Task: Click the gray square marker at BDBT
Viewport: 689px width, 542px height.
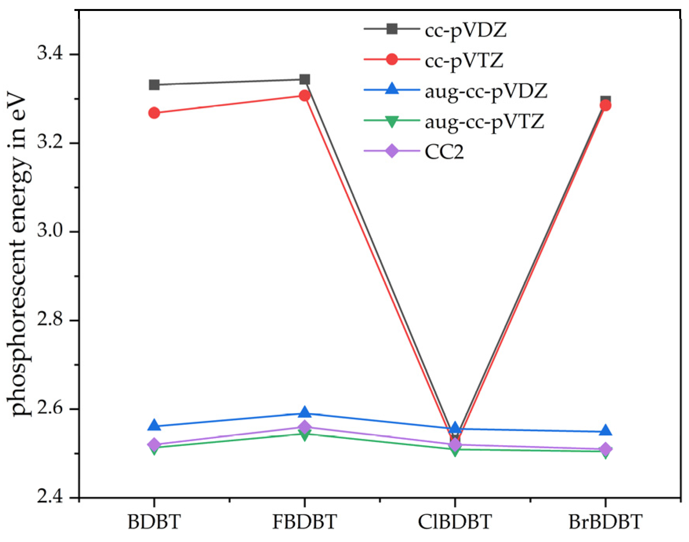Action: (154, 85)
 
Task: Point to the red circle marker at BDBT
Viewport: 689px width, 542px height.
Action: (154, 113)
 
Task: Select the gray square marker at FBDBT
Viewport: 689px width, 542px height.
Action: (305, 79)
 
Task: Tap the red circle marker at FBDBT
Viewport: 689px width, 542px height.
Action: (305, 96)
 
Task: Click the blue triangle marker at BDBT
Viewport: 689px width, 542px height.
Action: (154, 426)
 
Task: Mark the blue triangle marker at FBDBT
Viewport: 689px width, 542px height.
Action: (305, 413)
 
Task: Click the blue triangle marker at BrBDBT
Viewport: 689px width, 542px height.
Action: (606, 431)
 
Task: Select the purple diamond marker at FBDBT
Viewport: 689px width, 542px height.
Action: (305, 427)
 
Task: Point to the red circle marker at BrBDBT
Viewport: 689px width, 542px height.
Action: (606, 105)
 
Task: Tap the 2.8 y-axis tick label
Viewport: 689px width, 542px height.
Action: (50, 319)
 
